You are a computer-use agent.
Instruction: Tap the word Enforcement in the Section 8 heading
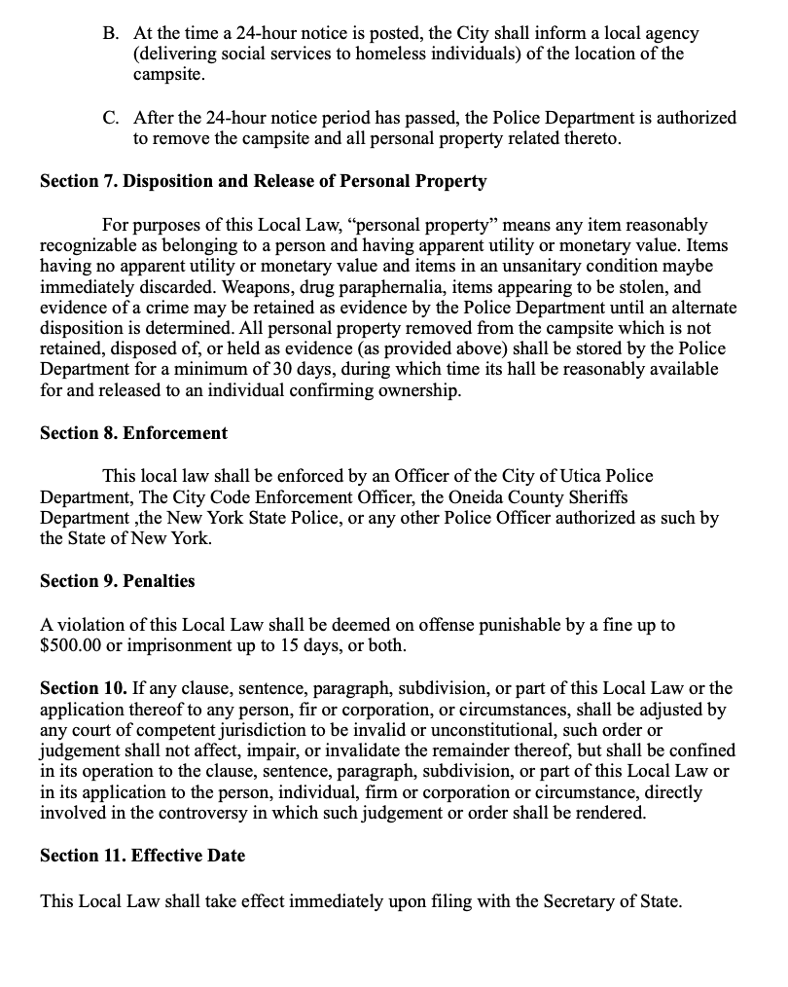tap(175, 433)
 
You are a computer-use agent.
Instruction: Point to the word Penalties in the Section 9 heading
tap(159, 581)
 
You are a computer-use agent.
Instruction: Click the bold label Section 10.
tap(83, 688)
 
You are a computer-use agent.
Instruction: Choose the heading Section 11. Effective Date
tap(142, 856)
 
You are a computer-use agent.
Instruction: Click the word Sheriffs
tap(593, 496)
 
